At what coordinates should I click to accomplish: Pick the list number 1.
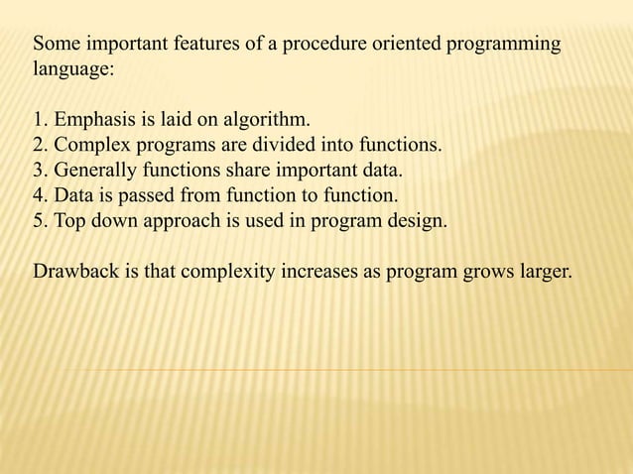(x=40, y=122)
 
